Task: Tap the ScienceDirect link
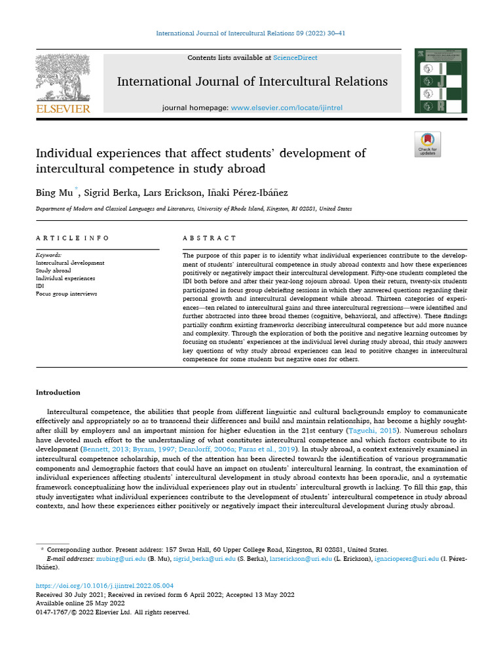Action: [x=295, y=58]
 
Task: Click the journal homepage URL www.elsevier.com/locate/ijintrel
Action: [x=287, y=107]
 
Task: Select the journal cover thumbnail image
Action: [x=435, y=81]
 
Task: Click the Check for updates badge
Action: [x=428, y=144]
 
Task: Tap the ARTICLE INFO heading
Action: [x=73, y=238]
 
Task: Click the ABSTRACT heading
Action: [x=210, y=238]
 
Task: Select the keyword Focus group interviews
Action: [x=66, y=294]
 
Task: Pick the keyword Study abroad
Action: [x=54, y=271]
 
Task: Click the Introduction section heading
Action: [x=58, y=393]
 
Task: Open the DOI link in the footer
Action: [x=105, y=585]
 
